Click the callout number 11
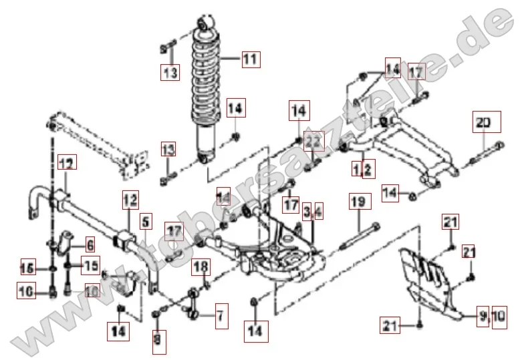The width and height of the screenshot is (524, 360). [x=249, y=59]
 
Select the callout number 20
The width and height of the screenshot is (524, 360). [x=483, y=122]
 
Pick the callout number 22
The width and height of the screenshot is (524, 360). [x=314, y=141]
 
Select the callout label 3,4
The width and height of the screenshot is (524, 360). [x=312, y=212]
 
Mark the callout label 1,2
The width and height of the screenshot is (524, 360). [x=362, y=170]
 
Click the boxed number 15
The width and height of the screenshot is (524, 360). [x=90, y=264]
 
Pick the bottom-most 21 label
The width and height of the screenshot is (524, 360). [x=391, y=325]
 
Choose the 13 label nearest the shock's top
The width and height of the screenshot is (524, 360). [x=170, y=71]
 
